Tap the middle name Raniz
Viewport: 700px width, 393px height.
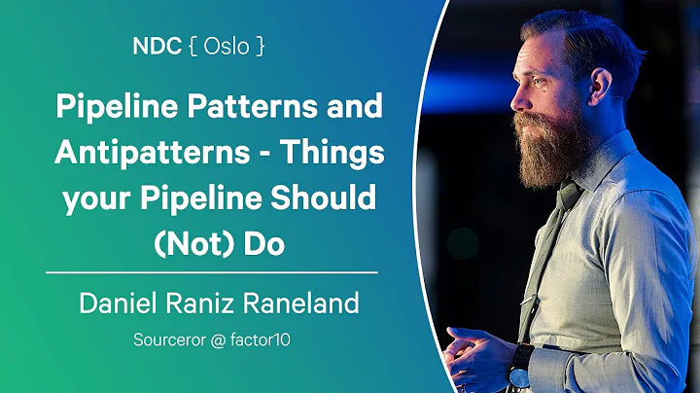[203, 304]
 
